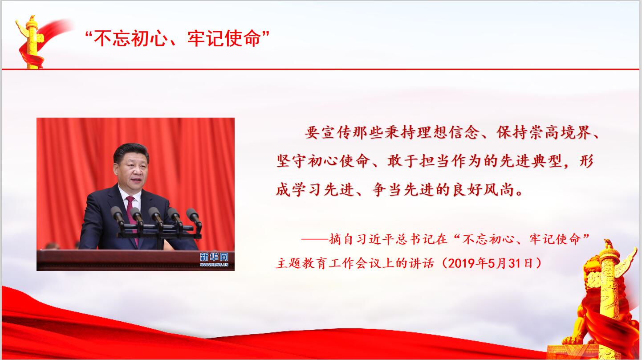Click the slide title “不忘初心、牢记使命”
177,38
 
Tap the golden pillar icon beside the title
32,42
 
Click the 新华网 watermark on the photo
214,259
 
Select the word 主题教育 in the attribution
301,263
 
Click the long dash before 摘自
315,239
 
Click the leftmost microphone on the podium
117,215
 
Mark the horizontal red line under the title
321,69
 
